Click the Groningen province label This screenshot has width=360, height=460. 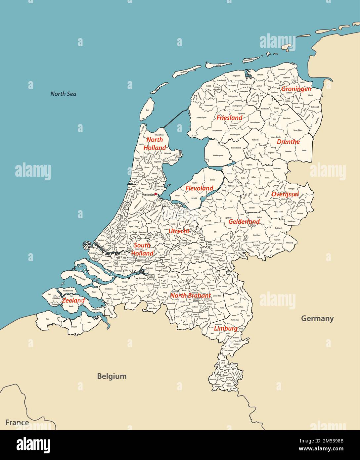296,89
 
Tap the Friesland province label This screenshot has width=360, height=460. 229,118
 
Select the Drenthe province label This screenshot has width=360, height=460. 288,142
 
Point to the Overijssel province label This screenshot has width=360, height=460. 285,194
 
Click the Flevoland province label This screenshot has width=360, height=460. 199,188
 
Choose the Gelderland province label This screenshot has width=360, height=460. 244,222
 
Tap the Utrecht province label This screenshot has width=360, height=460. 179,231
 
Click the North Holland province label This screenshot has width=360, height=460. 155,144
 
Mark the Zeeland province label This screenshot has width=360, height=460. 73,300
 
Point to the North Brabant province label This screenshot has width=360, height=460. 190,296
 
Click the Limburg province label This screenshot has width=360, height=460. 226,329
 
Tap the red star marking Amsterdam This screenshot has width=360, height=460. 156,194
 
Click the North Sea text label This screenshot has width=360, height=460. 63,94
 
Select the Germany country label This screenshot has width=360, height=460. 317,318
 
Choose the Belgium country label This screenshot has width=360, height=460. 112,376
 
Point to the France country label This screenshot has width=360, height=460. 17,423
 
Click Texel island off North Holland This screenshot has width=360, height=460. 147,109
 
